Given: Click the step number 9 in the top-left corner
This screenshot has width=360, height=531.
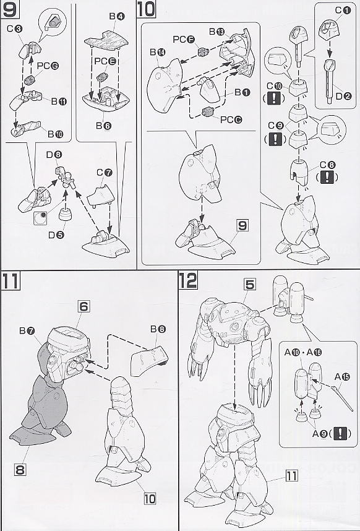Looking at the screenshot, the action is pos(9,9).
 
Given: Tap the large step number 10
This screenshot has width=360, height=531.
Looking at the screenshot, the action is pos(146,9).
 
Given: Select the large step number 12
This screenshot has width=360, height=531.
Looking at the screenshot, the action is pos(188,280).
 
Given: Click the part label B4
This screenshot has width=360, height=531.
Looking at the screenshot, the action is pos(117,16).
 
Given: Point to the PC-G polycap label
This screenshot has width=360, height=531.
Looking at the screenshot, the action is pos(48,66).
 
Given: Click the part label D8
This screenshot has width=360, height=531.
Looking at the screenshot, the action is pos(54,155).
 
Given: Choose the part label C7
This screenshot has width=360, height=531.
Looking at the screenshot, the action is pos(104,172).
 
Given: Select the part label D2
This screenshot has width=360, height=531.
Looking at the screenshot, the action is pos(344,96).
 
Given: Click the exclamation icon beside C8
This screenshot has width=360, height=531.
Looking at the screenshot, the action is pos(327,177).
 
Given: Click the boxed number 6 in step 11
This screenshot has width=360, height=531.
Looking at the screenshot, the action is pos(84,306).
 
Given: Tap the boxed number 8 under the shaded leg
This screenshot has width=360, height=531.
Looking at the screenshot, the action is pos(20,470).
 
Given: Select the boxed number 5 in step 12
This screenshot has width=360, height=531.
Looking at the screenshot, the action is pos(249,285).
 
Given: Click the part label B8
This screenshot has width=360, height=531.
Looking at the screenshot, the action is pos(158,329).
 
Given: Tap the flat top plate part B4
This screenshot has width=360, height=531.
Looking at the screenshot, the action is pos(106,40).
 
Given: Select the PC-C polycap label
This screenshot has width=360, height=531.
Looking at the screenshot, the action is pos(231,119).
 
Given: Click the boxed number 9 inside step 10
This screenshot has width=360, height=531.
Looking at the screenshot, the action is pos(242,225).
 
